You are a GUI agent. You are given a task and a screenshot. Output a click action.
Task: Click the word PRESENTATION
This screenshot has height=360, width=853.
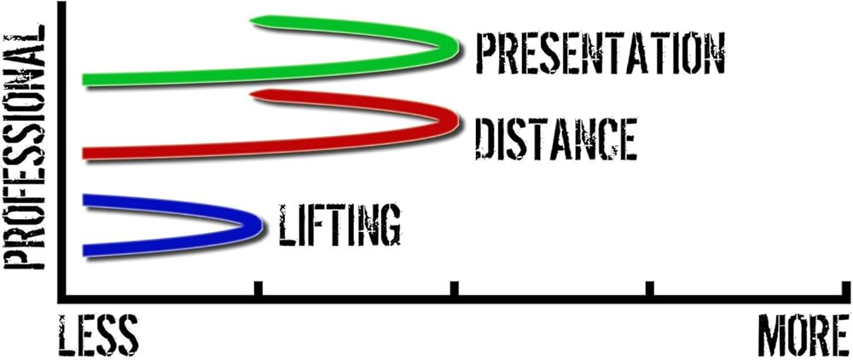click(x=600, y=55)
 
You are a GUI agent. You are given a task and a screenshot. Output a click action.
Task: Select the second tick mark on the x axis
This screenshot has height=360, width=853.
click(x=453, y=290)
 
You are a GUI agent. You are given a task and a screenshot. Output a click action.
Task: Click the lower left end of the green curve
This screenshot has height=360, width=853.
click(x=86, y=80)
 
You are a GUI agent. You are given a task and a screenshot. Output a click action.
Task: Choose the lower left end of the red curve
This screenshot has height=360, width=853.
click(x=86, y=154)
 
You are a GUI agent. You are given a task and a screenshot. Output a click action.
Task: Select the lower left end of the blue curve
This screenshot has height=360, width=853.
click(x=86, y=249)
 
